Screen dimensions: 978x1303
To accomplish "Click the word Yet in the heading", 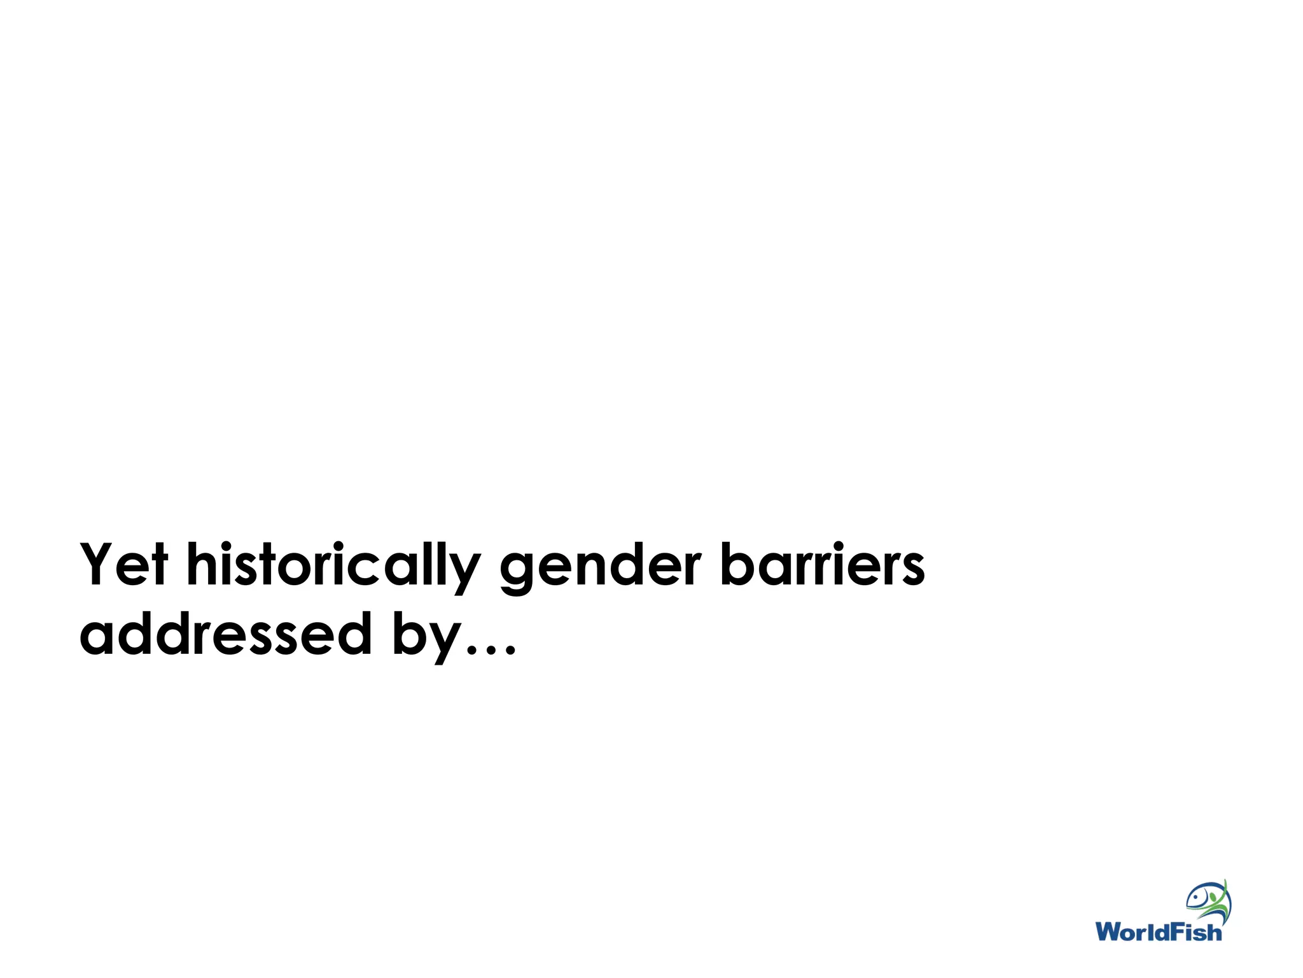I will (124, 565).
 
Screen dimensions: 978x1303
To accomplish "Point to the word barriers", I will (821, 565).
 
